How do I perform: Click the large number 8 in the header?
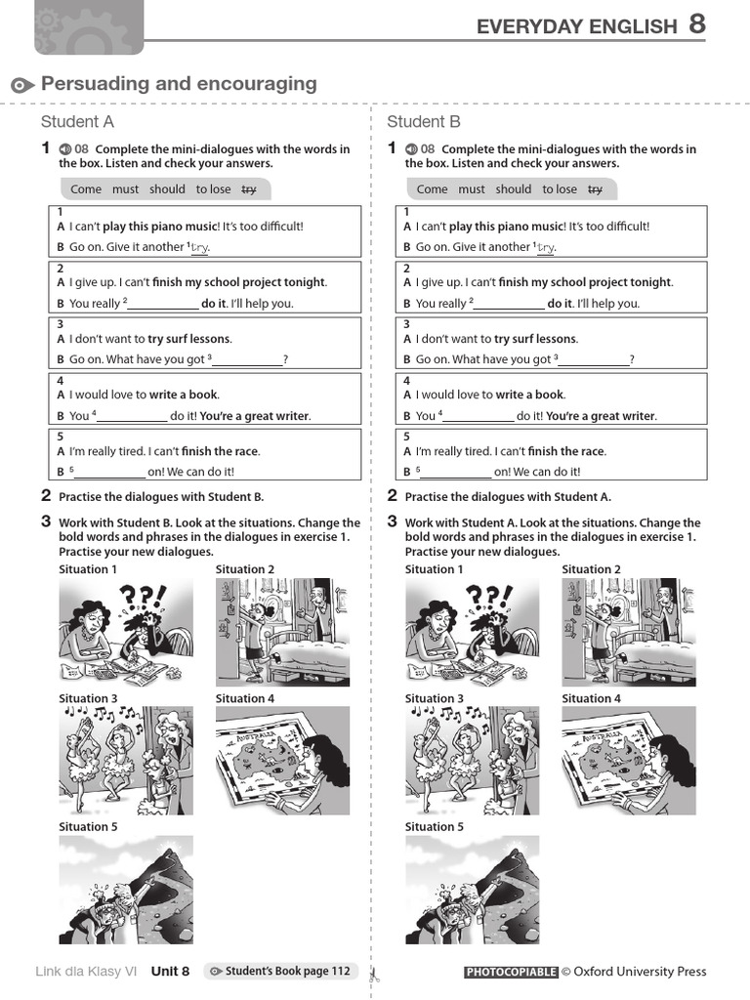coord(696,24)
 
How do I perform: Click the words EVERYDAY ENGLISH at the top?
coord(575,27)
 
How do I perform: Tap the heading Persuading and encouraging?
coord(179,84)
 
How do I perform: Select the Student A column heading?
coord(77,122)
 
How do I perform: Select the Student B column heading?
coord(424,122)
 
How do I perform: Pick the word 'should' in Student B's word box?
coord(513,189)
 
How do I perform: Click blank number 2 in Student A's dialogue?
coord(163,305)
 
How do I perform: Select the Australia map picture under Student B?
coord(628,761)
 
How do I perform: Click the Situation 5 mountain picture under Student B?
coord(472,890)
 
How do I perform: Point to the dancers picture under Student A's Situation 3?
coord(125,761)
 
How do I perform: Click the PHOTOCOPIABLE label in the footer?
coord(511,972)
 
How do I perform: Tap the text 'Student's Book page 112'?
coord(287,972)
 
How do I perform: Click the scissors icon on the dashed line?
coord(372,973)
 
